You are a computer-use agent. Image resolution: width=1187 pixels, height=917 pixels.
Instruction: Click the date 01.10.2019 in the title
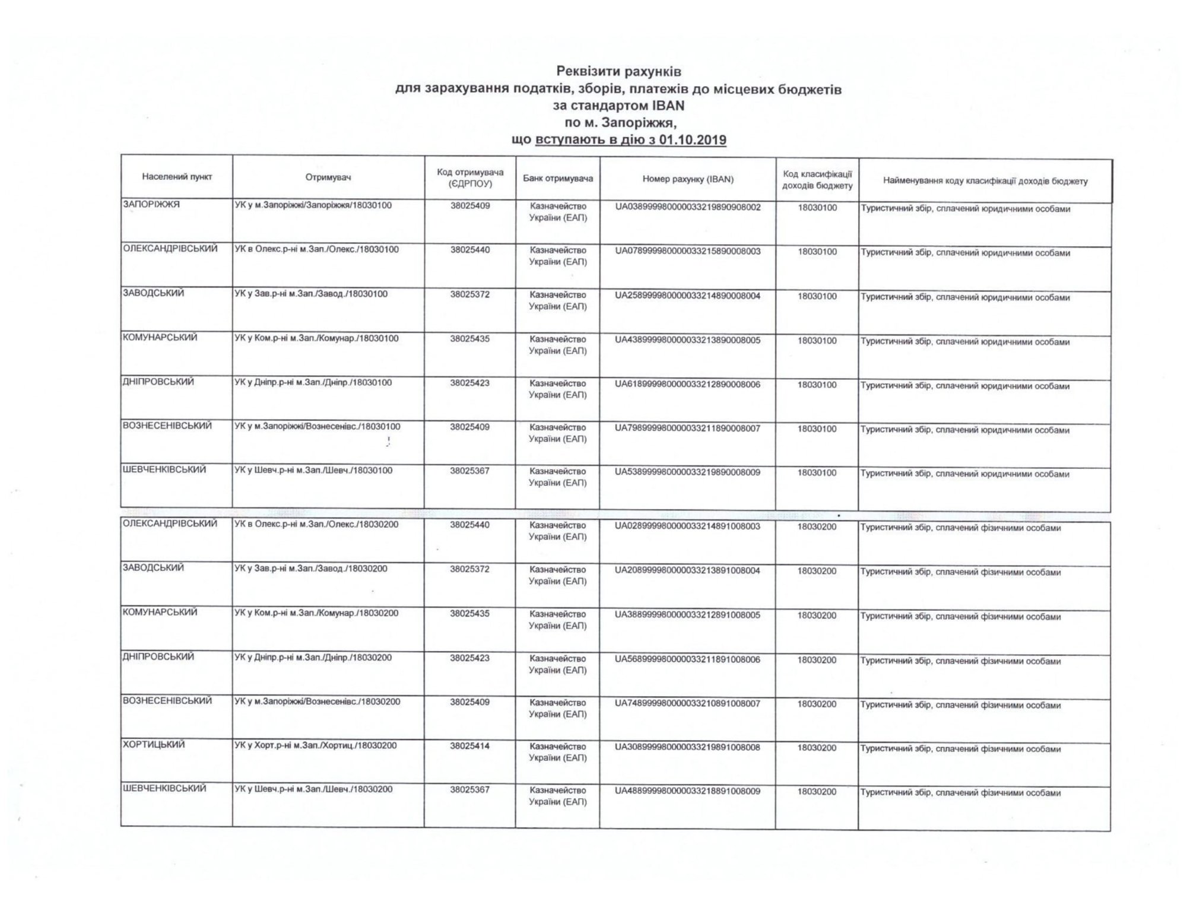pyautogui.click(x=692, y=140)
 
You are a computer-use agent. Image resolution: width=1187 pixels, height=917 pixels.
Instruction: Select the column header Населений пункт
pyautogui.click(x=177, y=177)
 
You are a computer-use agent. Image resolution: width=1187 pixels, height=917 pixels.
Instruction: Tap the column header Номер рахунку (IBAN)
pyautogui.click(x=688, y=179)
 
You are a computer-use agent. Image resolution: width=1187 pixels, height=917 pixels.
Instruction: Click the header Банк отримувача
pyautogui.click(x=558, y=178)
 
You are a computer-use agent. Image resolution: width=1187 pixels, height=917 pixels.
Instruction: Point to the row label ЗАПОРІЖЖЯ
pyautogui.click(x=151, y=205)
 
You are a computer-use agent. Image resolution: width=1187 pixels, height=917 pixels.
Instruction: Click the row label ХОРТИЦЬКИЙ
pyautogui.click(x=154, y=744)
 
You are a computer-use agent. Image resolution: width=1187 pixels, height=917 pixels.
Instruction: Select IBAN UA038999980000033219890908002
pyautogui.click(x=688, y=207)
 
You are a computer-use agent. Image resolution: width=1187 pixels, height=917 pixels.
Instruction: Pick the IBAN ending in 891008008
pyautogui.click(x=688, y=747)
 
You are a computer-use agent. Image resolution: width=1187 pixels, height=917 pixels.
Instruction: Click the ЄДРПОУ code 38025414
pyautogui.click(x=470, y=745)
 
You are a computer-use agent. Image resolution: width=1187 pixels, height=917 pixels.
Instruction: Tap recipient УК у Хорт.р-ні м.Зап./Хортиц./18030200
pyautogui.click(x=316, y=745)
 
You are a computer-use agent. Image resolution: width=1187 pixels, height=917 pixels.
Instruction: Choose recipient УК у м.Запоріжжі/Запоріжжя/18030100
pyautogui.click(x=313, y=206)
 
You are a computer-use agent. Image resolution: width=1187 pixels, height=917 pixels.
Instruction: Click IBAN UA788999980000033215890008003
pyautogui.click(x=688, y=251)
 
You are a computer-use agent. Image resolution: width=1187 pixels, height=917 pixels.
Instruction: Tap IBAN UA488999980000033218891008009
pyautogui.click(x=688, y=791)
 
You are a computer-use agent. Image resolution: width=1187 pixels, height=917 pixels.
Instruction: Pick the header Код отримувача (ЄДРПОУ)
pyautogui.click(x=470, y=177)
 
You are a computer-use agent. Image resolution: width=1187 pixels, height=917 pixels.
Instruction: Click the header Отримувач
pyautogui.click(x=329, y=177)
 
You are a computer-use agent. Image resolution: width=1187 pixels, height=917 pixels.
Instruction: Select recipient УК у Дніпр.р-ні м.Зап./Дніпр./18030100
pyautogui.click(x=313, y=383)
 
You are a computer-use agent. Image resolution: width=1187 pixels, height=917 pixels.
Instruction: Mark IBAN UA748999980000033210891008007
pyautogui.click(x=688, y=703)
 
